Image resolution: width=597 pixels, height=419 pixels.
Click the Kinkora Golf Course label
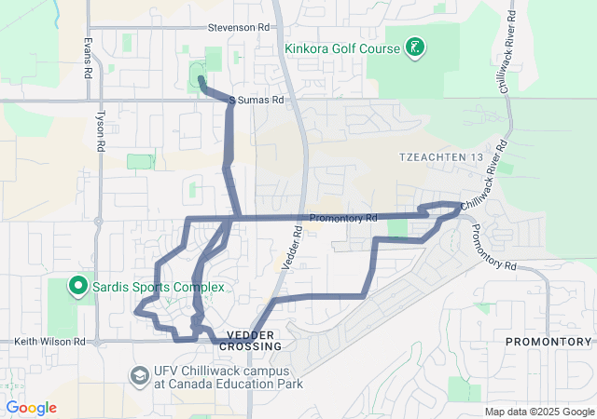point(343,47)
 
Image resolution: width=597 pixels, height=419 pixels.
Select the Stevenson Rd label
point(244,28)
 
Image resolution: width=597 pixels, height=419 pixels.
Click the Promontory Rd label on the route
point(342,219)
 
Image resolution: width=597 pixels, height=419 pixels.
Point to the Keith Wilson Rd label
point(42,342)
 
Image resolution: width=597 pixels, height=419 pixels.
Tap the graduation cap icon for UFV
point(139,374)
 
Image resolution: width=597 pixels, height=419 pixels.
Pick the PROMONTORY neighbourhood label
point(548,342)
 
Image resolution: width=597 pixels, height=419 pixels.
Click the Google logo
point(31,408)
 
